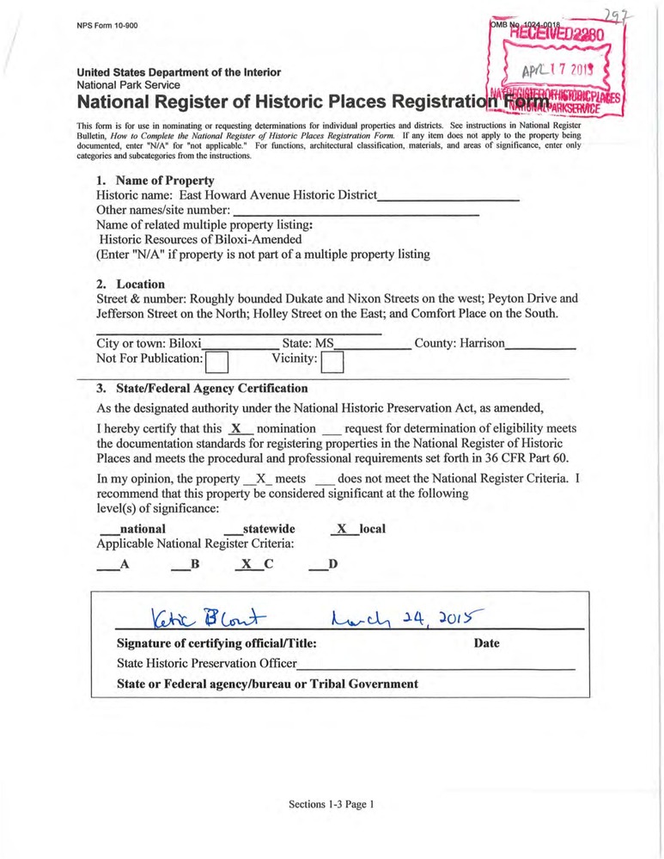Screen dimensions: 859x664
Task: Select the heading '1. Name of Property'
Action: (x=155, y=181)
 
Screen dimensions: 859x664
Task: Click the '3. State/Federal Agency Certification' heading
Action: (x=202, y=389)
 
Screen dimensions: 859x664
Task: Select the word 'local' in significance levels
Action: (x=373, y=529)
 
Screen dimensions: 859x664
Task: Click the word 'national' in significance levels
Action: (x=143, y=529)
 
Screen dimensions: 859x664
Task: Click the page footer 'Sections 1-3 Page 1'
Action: (x=332, y=805)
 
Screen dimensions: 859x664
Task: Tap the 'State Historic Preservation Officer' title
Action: (x=206, y=664)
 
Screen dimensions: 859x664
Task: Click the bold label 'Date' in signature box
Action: (x=486, y=643)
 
